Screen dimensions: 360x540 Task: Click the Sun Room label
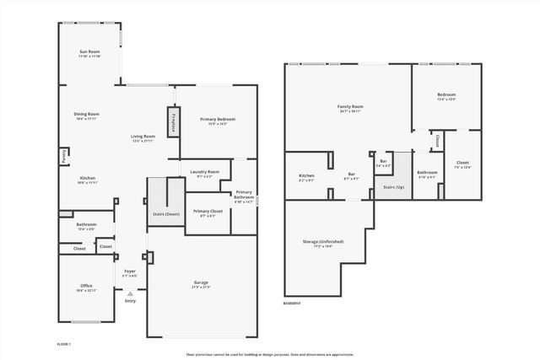(89, 54)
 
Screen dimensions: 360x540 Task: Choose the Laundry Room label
(204, 174)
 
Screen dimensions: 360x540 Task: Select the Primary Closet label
(208, 212)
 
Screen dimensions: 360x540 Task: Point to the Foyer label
(130, 271)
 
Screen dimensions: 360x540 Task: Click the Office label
(86, 287)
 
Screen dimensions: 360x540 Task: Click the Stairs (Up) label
(394, 187)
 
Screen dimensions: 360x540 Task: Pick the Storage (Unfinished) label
(322, 243)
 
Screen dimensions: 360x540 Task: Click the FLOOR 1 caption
(64, 345)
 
